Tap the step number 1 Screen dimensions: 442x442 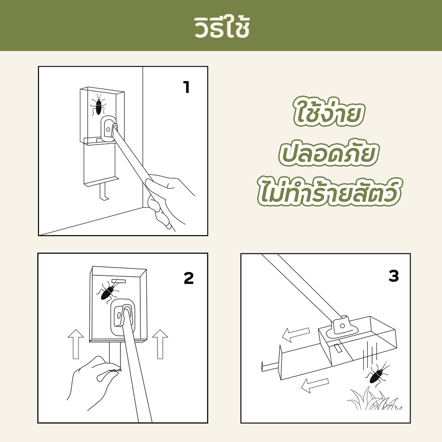point(186,87)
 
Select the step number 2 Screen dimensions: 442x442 point(189,278)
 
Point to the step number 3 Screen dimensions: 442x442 point(394,276)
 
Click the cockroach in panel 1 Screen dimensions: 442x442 point(98,104)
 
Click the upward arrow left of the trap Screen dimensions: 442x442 point(76,344)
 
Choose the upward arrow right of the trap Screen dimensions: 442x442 point(160,344)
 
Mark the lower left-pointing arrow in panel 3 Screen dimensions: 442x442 point(315,385)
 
